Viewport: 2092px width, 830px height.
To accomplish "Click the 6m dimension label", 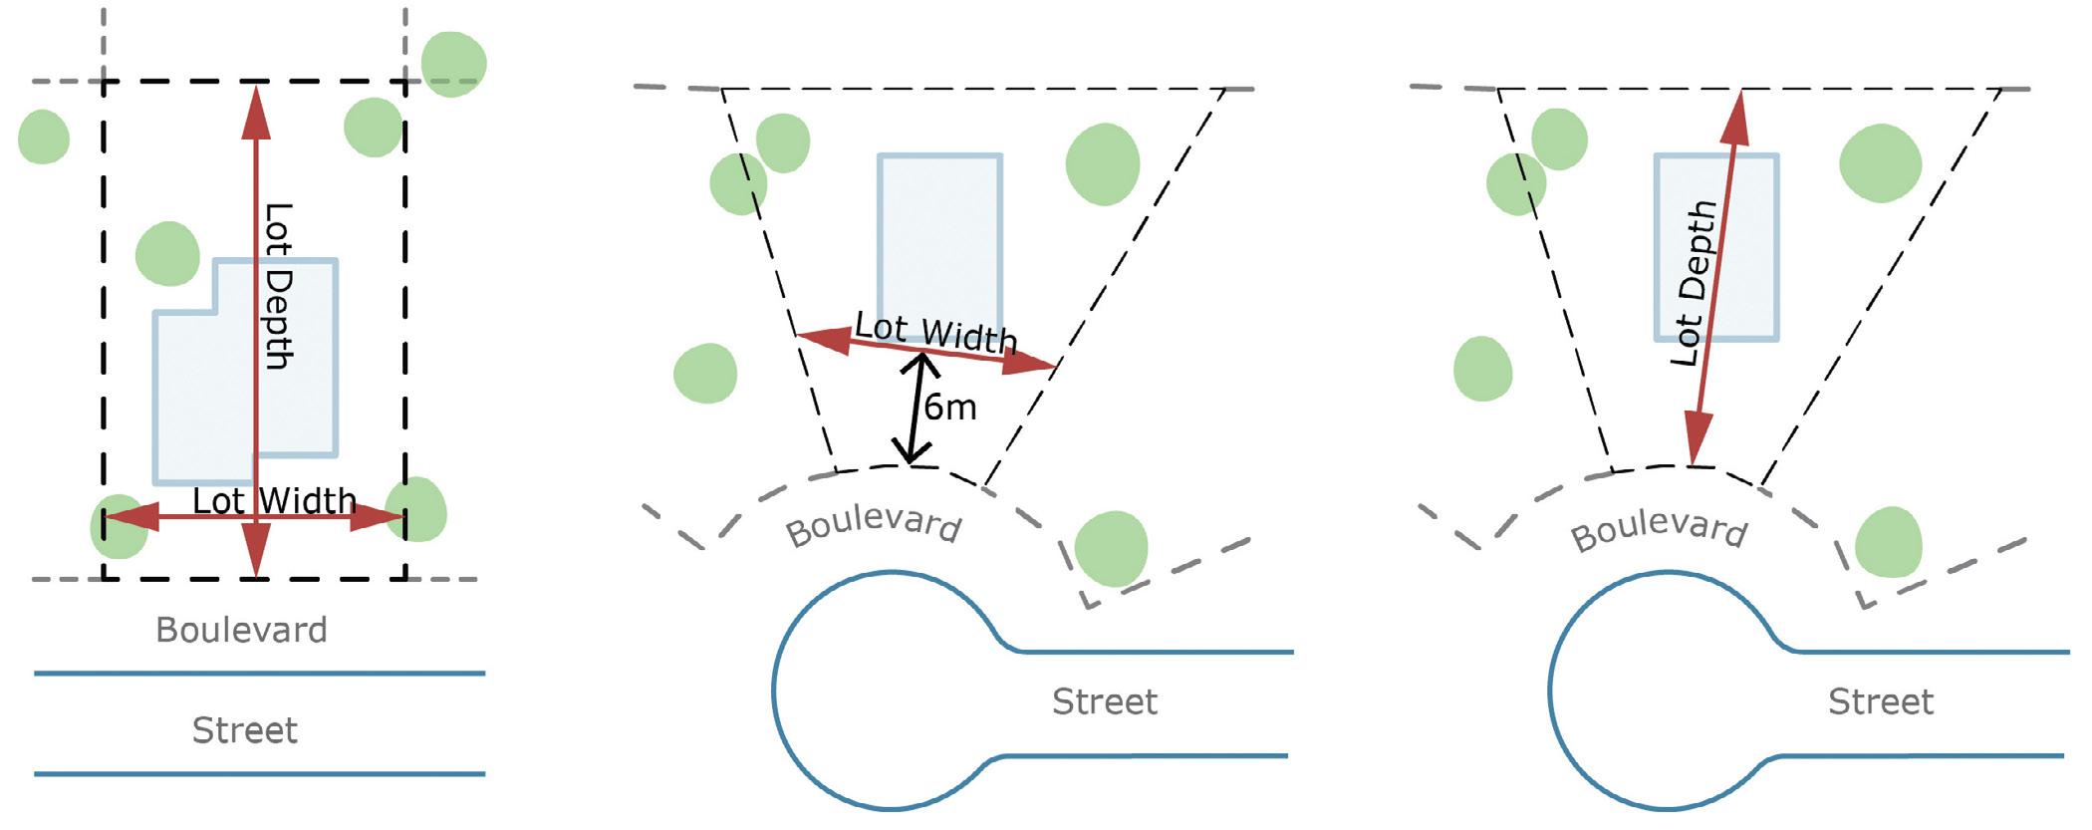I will point(950,408).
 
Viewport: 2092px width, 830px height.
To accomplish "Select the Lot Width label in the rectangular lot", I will point(274,500).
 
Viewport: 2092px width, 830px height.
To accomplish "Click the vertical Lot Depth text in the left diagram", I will point(278,286).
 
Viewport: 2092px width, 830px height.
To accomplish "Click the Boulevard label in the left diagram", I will point(241,630).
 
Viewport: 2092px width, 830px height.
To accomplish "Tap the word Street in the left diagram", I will point(244,730).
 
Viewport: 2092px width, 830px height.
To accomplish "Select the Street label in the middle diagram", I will point(1105,701).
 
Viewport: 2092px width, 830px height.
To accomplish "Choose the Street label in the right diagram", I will point(1880,701).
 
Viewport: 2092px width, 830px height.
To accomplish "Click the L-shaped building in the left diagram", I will point(209,399).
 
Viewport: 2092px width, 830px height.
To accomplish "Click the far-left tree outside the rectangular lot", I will point(44,137).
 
